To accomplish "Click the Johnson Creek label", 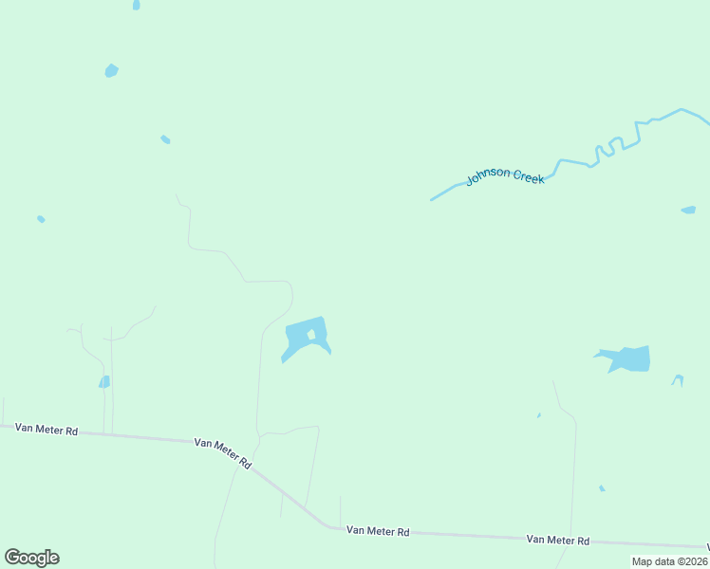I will tap(505, 175).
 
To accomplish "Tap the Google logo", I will tap(31, 558).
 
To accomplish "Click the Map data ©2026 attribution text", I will tap(670, 561).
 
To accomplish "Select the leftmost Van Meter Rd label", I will tap(47, 430).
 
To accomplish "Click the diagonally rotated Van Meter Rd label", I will tap(223, 452).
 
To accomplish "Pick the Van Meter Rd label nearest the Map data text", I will tap(558, 540).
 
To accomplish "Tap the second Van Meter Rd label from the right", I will tap(378, 531).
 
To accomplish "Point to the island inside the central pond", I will tap(311, 335).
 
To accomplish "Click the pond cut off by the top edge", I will tap(137, 5).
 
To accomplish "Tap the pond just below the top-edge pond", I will tap(111, 70).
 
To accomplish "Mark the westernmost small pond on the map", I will tap(41, 219).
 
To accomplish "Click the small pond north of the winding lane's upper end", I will tap(165, 139).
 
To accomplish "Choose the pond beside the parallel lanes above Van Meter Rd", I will tap(104, 382).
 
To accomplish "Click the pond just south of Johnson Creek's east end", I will tap(688, 210).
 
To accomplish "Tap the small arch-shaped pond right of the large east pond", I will tap(678, 379).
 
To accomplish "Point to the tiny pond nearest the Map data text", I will tap(602, 488).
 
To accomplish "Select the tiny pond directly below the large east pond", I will tap(539, 415).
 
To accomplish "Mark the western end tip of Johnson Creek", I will tap(432, 200).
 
